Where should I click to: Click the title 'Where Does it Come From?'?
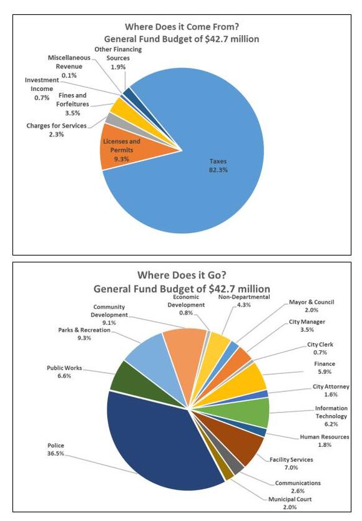pos(182,27)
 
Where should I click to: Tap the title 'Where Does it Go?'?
pos(182,275)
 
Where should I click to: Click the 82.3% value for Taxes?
pos(218,170)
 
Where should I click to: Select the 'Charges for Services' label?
pos(56,126)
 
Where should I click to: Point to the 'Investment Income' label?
pos(42,84)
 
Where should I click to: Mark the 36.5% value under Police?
pos(56,454)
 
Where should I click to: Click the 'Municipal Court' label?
pos(290,499)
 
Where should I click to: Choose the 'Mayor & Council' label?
pos(311,302)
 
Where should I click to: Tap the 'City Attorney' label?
pos(331,386)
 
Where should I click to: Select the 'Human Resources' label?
pos(325,437)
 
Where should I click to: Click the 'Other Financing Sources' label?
pos(118,54)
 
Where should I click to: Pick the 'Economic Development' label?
pos(186,301)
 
